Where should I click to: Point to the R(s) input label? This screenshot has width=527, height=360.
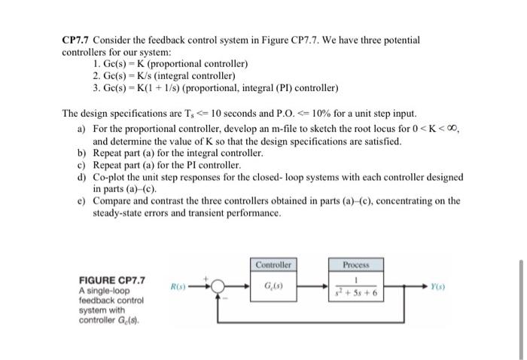[x=177, y=287]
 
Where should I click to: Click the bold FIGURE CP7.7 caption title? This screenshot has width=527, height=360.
[x=112, y=280]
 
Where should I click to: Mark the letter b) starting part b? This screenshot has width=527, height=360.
[x=81, y=153]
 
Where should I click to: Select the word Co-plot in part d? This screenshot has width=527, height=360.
[x=109, y=176]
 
